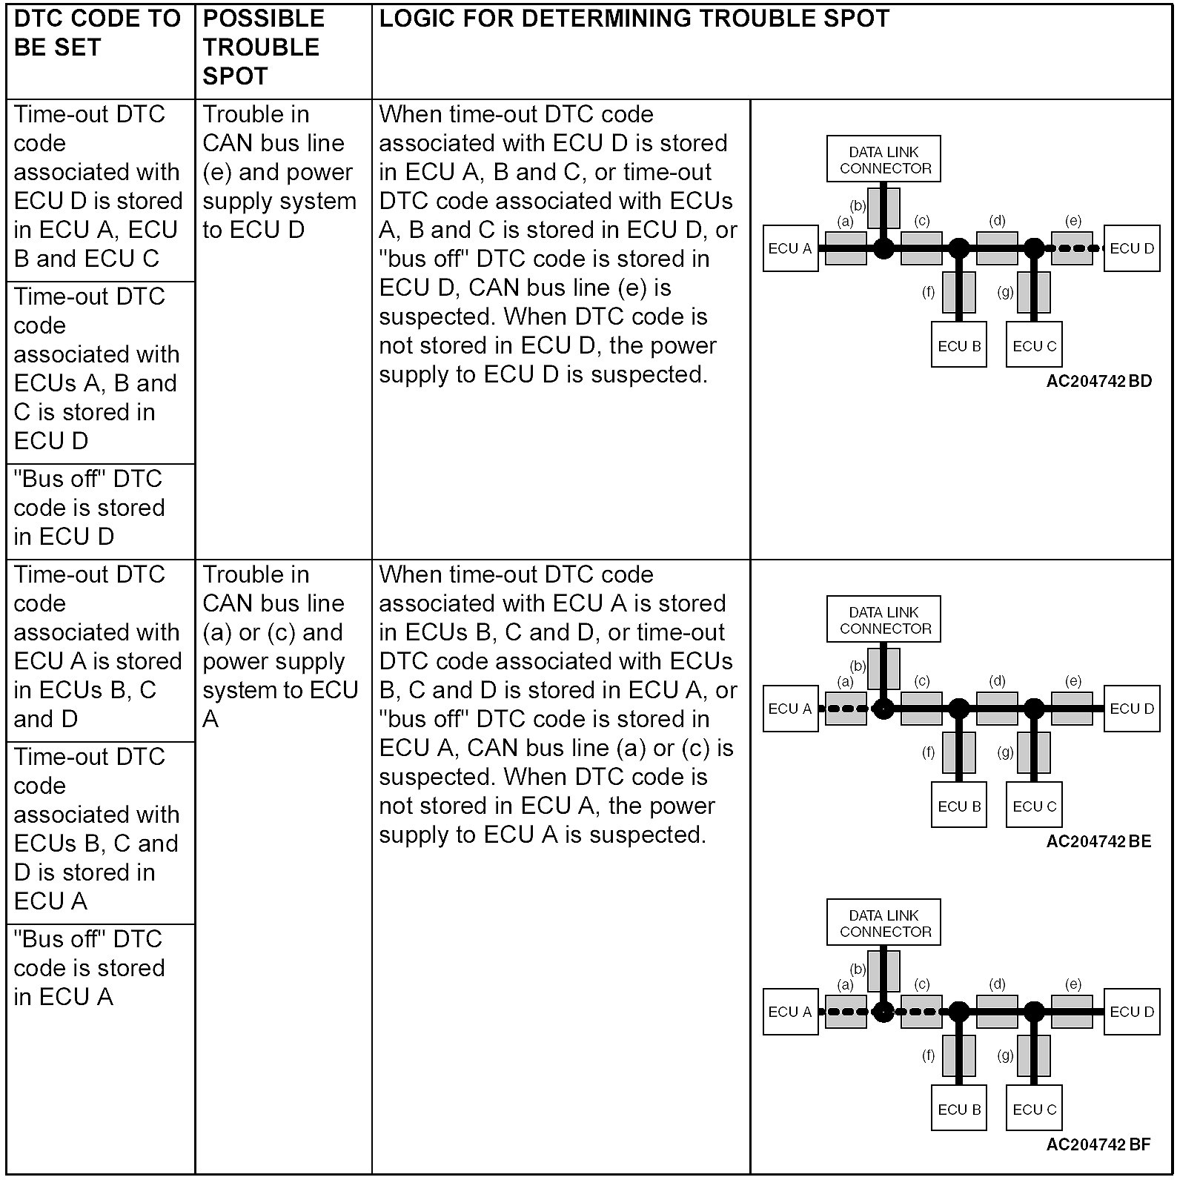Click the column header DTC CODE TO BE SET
coord(97,33)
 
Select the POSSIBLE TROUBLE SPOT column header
coord(264,47)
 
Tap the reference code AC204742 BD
coord(1099,381)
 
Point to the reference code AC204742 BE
coord(1098,841)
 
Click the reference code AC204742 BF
coord(1098,1144)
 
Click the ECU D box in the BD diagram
coord(1132,248)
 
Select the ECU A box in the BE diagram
coord(790,709)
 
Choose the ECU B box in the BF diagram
coord(959,1110)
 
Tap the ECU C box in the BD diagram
coord(1034,346)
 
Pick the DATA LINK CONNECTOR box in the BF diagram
coord(884,923)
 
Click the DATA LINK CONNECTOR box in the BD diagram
coord(884,159)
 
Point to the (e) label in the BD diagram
coord(1073,220)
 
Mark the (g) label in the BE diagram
coord(1005,752)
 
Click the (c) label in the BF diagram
coord(922,984)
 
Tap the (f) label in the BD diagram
coord(929,292)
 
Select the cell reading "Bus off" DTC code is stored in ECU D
coord(89,508)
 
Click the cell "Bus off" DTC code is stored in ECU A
coord(89,968)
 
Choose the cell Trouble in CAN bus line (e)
coord(279,172)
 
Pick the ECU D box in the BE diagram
coord(1132,709)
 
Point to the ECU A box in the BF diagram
coord(790,1012)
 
